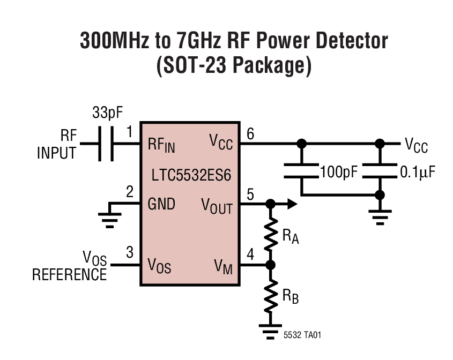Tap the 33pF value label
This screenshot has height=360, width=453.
pyautogui.click(x=108, y=114)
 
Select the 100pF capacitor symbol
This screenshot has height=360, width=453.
pyautogui.click(x=301, y=171)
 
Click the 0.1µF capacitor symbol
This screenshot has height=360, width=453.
pyautogui.click(x=380, y=171)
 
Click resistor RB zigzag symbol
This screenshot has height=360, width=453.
pyautogui.click(x=271, y=295)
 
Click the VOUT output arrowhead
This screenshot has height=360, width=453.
pyautogui.click(x=291, y=204)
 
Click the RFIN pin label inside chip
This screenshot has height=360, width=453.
pyautogui.click(x=161, y=145)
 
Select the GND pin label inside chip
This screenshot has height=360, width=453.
pyautogui.click(x=161, y=204)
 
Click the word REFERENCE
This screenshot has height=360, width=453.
pyautogui.click(x=69, y=275)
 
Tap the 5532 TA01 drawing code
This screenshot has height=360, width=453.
pyautogui.click(x=303, y=335)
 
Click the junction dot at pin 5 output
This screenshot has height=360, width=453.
pyautogui.click(x=271, y=204)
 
